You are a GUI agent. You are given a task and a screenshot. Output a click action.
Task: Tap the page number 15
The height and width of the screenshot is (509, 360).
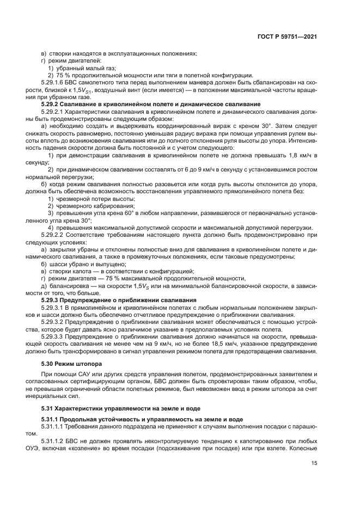tap(314, 463)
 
